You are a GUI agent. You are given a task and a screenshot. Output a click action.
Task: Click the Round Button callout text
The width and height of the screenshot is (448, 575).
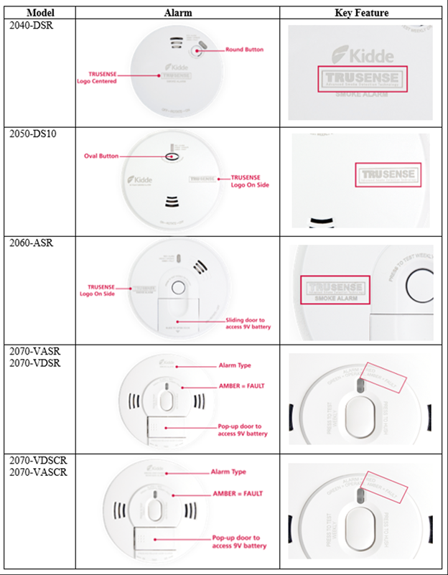245,50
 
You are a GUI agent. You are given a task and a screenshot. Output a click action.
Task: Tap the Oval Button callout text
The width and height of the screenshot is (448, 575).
101,156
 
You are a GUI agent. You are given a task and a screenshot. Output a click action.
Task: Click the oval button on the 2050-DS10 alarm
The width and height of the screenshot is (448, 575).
173,156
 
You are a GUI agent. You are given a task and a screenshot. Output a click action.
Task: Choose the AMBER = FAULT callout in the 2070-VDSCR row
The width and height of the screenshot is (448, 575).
238,494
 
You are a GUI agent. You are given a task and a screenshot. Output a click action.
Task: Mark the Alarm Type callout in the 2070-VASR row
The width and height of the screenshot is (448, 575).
235,365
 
